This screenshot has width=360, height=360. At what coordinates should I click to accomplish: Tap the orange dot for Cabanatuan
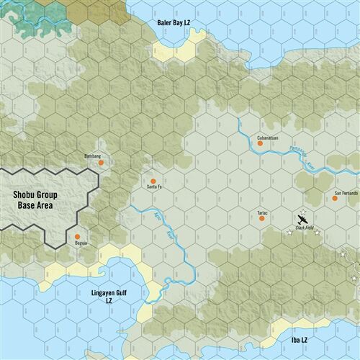261,143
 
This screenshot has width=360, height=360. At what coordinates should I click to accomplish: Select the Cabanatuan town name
268,136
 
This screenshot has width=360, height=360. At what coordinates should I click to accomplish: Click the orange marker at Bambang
101,163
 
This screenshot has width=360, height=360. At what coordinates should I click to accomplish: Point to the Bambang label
93,156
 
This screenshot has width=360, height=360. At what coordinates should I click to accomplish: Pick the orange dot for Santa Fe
153,181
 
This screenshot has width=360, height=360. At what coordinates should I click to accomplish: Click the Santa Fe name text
154,188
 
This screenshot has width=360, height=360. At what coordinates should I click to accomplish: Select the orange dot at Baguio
77,236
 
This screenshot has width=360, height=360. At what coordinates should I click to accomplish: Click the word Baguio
79,243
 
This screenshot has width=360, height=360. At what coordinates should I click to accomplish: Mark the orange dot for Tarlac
262,219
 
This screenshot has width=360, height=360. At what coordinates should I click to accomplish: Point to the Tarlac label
262,212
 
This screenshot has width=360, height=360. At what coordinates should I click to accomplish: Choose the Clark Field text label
305,228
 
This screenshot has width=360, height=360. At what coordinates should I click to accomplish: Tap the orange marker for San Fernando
335,197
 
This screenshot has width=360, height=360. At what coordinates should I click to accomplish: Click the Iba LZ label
299,339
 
